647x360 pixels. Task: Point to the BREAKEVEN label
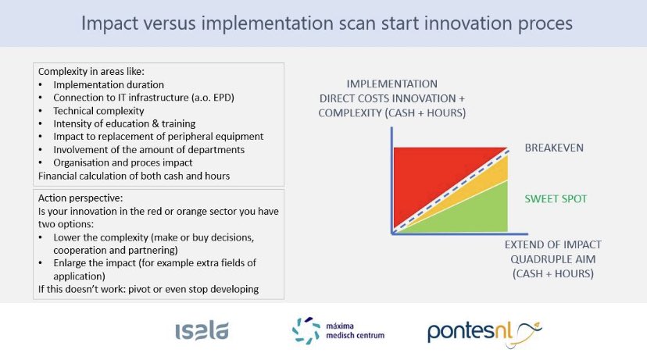pos(553,148)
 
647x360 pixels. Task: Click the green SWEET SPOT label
pos(555,199)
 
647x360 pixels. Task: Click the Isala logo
pos(202,331)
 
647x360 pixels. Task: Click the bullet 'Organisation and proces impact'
pos(122,162)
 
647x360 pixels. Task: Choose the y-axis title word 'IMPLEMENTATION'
pos(393,84)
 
